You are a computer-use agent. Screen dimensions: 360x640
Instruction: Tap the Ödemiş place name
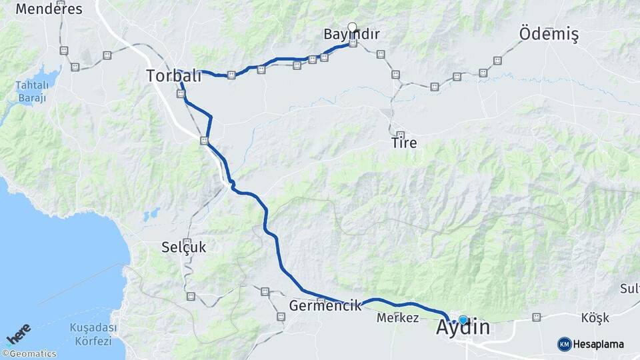click(548, 34)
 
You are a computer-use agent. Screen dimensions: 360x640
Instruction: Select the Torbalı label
click(173, 76)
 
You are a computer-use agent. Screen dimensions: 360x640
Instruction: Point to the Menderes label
click(49, 9)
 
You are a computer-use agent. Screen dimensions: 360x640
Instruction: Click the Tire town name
click(404, 143)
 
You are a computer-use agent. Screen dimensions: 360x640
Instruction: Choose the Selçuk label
click(183, 247)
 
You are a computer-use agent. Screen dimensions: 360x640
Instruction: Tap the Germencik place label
click(325, 305)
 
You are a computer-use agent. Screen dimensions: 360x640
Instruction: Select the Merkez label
click(397, 318)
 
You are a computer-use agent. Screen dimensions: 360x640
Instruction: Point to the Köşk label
click(595, 318)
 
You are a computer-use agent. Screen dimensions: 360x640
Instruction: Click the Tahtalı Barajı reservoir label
click(31, 91)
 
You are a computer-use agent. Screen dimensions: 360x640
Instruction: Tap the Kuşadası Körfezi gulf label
click(93, 334)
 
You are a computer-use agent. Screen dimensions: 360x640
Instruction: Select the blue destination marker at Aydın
click(463, 320)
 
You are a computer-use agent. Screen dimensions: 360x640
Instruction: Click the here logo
click(18, 333)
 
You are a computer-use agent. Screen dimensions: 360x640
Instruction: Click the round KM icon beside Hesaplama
click(564, 344)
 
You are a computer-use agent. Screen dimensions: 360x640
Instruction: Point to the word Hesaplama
click(599, 344)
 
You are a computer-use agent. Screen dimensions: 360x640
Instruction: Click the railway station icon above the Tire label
click(400, 134)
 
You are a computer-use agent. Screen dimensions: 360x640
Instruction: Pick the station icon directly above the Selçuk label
click(187, 241)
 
